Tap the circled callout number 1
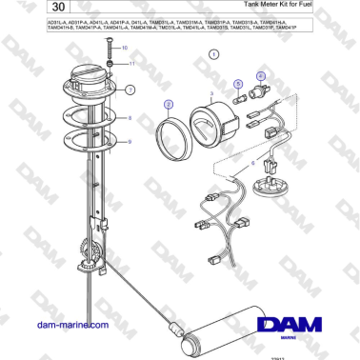(214, 56)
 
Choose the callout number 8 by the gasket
(130, 117)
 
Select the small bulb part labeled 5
(240, 96)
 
